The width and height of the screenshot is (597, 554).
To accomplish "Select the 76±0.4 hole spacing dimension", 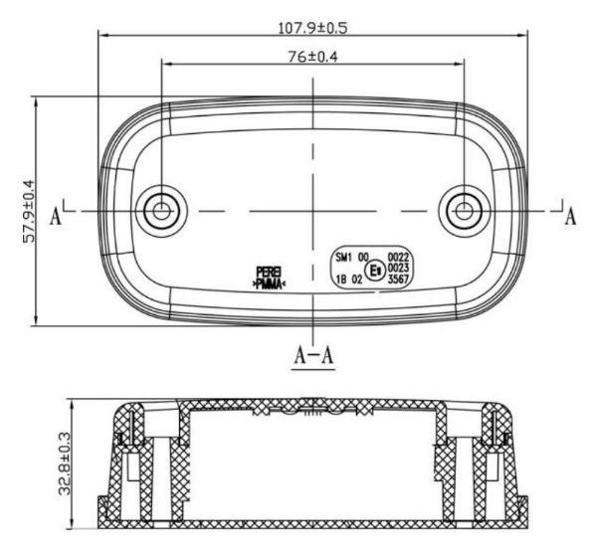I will click(x=312, y=57).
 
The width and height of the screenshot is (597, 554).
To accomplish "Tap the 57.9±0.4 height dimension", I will click(x=28, y=211).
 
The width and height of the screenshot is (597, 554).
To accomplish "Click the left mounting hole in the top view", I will click(x=159, y=210).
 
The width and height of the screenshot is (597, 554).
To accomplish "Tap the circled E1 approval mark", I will click(x=376, y=270).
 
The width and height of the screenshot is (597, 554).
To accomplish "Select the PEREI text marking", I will click(x=270, y=272).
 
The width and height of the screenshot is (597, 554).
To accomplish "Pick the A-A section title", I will click(x=313, y=355).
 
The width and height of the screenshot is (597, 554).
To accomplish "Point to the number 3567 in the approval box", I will click(x=399, y=280).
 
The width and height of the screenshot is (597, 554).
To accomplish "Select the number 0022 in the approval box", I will click(x=399, y=257).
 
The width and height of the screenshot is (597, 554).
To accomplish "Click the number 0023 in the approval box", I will click(x=399, y=269).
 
